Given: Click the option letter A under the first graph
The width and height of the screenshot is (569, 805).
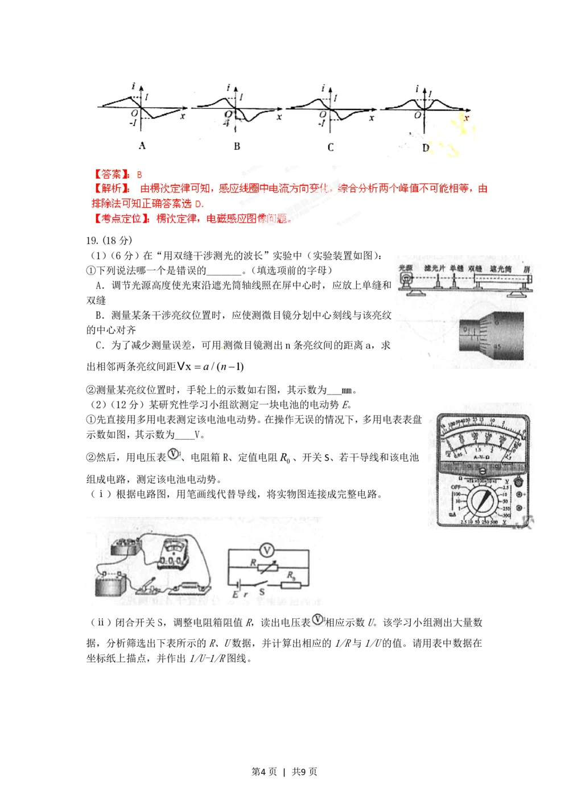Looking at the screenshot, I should coord(142,146).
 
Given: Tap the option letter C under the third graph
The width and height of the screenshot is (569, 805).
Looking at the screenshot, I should coord(331,147).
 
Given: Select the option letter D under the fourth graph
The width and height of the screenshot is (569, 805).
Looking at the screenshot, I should coord(426,148).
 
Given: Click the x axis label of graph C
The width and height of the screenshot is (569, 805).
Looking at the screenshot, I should coord(372,118).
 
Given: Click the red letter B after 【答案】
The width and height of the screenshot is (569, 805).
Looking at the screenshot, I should coord(139,175).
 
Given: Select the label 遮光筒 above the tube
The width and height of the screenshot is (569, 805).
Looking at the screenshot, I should coord(501,269).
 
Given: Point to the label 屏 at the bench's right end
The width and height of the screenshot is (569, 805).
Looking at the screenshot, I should coord(527,269).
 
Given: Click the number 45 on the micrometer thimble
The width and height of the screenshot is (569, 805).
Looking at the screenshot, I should coord(497,346).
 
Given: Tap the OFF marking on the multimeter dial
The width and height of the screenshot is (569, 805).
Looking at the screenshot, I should coord(456,488).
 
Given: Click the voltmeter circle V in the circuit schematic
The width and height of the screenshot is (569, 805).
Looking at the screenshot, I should coord(267,550).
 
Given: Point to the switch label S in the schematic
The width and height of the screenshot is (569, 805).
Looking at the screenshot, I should coord(262,593).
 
